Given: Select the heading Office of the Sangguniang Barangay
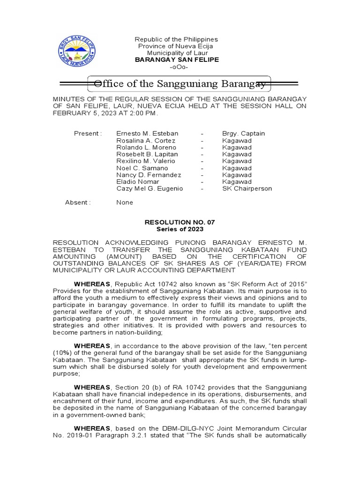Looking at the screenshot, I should pyautogui.click(x=180, y=84).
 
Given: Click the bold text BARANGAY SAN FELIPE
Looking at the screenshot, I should pyautogui.click(x=176, y=60).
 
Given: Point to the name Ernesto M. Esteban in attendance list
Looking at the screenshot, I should pyautogui.click(x=147, y=134).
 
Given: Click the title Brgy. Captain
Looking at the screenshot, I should pyautogui.click(x=243, y=134).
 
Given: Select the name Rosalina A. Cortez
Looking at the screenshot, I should pyautogui.click(x=146, y=141).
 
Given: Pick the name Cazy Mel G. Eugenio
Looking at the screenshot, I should pyautogui.click(x=150, y=189).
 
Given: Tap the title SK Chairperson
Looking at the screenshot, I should pyautogui.click(x=247, y=189).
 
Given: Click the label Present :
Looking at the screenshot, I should pyautogui.click(x=88, y=134).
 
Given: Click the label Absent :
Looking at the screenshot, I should pyautogui.click(x=77, y=202).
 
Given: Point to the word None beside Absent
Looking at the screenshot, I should pyautogui.click(x=125, y=202).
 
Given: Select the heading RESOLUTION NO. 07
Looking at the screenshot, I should pyautogui.click(x=180, y=222).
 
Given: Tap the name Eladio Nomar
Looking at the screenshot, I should pyautogui.click(x=138, y=182).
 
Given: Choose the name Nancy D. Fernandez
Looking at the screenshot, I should pyautogui.click(x=149, y=175).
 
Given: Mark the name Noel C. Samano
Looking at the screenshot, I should pyautogui.click(x=142, y=168).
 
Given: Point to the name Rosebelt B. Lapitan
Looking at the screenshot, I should pyautogui.click(x=147, y=154).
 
